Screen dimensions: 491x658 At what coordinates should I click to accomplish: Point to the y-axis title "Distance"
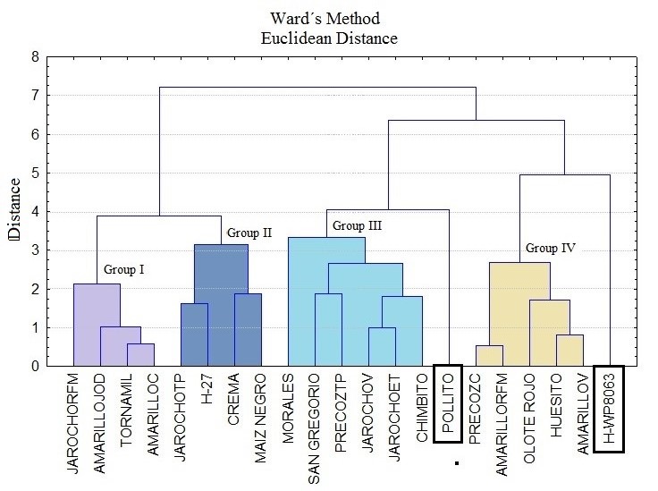13,211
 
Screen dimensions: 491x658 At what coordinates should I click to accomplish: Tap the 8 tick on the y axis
35,57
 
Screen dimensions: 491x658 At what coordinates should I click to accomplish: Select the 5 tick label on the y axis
35,173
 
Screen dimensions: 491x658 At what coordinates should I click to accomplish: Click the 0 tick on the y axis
35,366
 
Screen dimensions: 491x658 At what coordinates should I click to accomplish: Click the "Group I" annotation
123,268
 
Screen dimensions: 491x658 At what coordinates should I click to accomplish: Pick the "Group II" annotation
249,233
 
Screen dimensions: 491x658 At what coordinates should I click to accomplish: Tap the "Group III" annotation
357,225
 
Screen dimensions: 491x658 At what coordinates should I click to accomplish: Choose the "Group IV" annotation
549,248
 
